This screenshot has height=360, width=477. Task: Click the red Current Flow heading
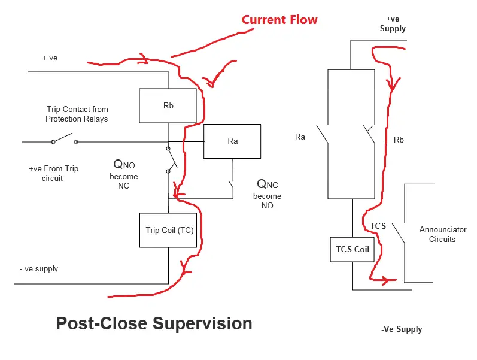tap(279, 20)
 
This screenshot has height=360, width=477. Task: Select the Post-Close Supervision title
tap(154, 323)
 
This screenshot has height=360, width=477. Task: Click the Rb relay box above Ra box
tap(168, 106)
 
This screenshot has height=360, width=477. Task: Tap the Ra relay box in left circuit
tap(232, 141)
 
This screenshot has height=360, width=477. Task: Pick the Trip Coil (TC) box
tap(169, 230)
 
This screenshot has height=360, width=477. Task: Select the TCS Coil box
tap(353, 249)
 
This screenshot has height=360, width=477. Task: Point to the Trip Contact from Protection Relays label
tap(77, 114)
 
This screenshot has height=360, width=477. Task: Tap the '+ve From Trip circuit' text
tap(53, 173)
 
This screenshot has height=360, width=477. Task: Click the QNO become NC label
tap(123, 174)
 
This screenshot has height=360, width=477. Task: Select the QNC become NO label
tap(267, 193)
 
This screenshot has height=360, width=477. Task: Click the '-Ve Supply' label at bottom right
tap(401, 329)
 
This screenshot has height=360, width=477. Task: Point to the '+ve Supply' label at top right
tap(393, 24)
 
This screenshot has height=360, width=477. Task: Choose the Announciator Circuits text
tap(442, 234)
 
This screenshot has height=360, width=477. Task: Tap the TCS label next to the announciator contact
tap(378, 226)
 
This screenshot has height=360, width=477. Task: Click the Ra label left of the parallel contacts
tap(300, 137)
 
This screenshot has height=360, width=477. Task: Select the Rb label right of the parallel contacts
tap(399, 140)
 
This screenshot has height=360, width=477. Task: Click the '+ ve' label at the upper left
tap(50, 58)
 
